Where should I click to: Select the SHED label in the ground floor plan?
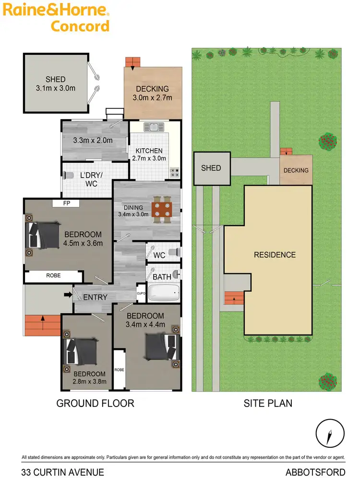[x=56, y=80]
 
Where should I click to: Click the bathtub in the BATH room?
[x=163, y=293]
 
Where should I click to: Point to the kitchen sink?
[x=155, y=128]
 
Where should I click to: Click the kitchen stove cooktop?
[x=174, y=171]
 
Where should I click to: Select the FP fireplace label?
[x=67, y=203]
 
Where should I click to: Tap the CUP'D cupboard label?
[x=141, y=293]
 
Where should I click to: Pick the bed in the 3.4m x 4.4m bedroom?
[x=160, y=347]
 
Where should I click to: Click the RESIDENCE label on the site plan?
[x=275, y=255]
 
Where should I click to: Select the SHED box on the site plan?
[x=211, y=168]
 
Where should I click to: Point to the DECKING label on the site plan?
[x=296, y=170]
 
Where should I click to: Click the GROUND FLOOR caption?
[x=95, y=403]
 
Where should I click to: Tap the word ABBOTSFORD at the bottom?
[x=315, y=472]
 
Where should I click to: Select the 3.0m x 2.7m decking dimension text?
[x=152, y=98]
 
